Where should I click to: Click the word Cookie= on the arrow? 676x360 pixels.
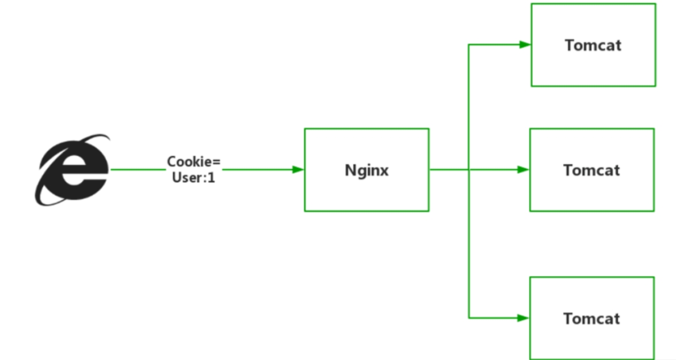pyautogui.click(x=194, y=162)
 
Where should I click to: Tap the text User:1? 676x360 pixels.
pyautogui.click(x=194, y=177)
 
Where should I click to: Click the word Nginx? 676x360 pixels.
pyautogui.click(x=366, y=170)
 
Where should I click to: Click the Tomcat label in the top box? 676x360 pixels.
pyautogui.click(x=593, y=45)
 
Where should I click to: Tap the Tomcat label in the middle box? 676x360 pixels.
pyautogui.click(x=591, y=170)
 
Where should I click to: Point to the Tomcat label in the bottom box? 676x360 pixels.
pyautogui.click(x=591, y=318)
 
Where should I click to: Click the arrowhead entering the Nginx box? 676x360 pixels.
pyautogui.click(x=298, y=170)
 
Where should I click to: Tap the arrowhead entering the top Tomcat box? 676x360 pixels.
pyautogui.click(x=524, y=44)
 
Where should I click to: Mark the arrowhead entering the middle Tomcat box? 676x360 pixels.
pyautogui.click(x=523, y=170)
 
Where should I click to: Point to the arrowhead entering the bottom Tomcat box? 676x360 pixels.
pyautogui.click(x=523, y=317)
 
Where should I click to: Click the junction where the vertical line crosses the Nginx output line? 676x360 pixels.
pyautogui.click(x=469, y=170)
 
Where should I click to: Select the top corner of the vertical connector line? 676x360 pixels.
pyautogui.click(x=469, y=44)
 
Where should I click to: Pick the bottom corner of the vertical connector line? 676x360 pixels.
pyautogui.click(x=469, y=317)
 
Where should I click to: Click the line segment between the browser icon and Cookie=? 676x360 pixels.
pyautogui.click(x=137, y=170)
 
